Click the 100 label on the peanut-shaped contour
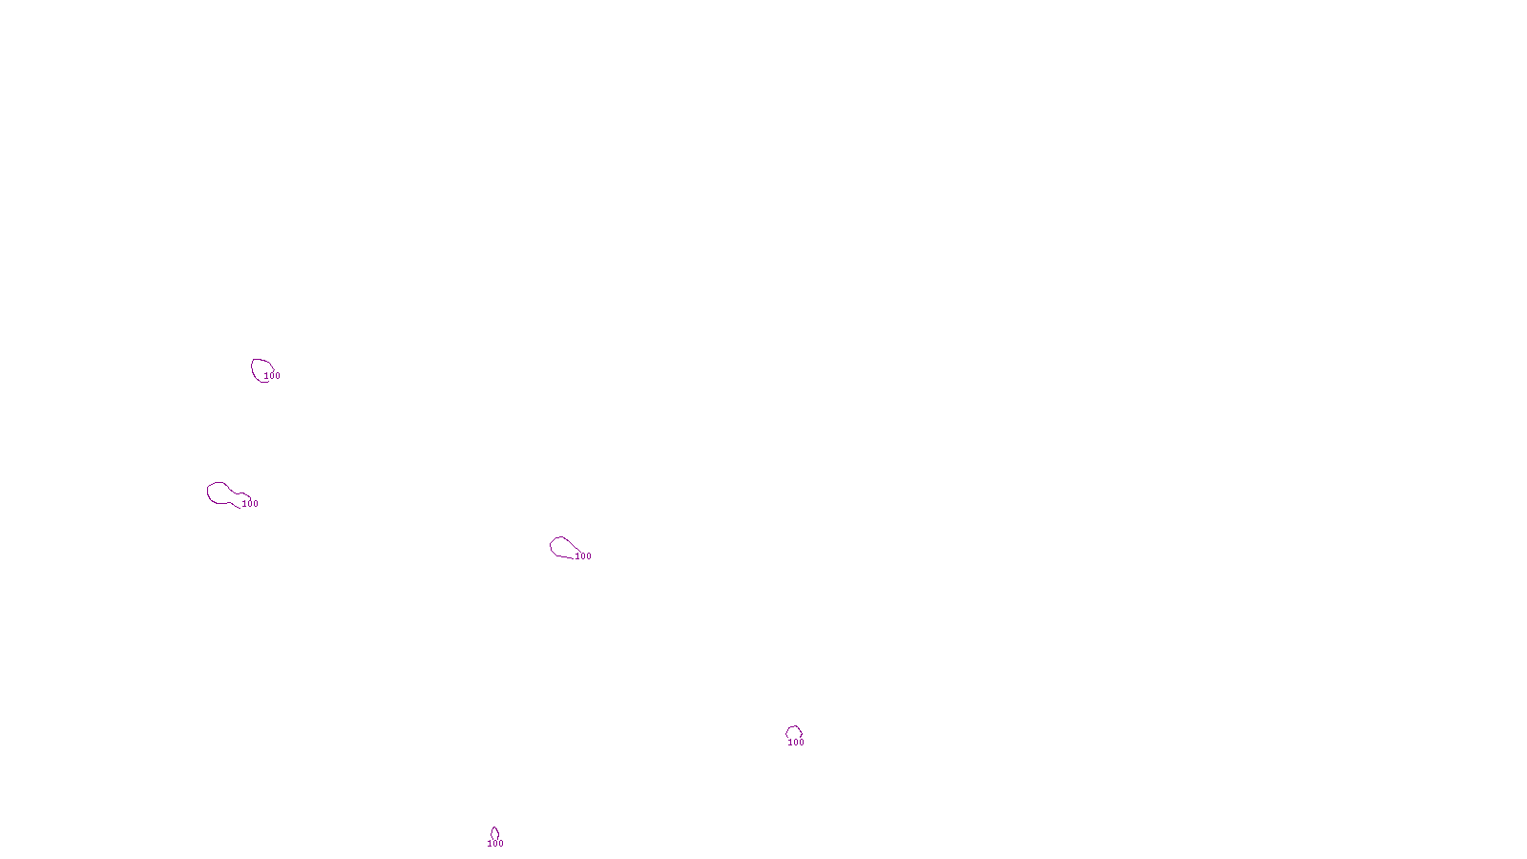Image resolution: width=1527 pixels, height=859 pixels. click(x=250, y=504)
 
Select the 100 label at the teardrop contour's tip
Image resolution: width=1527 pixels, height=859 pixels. click(x=583, y=556)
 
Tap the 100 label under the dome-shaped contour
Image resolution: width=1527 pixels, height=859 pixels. click(x=796, y=743)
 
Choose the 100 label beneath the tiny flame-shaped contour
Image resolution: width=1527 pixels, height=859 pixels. click(x=495, y=844)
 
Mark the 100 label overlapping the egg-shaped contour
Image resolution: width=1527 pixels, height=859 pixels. click(x=273, y=376)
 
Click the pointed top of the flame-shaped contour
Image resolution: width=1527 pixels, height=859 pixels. click(x=494, y=828)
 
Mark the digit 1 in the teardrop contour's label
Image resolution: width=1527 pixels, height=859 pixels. click(x=577, y=556)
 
